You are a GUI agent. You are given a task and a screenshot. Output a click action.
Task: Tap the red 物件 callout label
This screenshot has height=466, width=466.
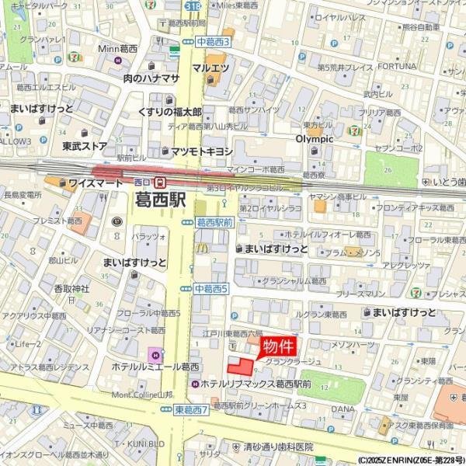pyautogui.click(x=278, y=346)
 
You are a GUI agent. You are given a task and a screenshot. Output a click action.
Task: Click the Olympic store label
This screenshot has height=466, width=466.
pyautogui.click(x=314, y=139)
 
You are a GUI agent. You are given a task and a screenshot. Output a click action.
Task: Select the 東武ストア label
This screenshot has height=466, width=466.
pyautogui.click(x=84, y=145)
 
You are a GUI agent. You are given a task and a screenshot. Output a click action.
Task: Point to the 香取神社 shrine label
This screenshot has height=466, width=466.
pyautogui.click(x=71, y=289)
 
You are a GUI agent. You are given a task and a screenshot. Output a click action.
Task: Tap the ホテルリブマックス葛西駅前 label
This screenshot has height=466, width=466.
pyautogui.click(x=256, y=384)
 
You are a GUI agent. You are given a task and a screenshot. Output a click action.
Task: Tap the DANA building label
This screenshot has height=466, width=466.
pyautogui.click(x=343, y=409)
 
